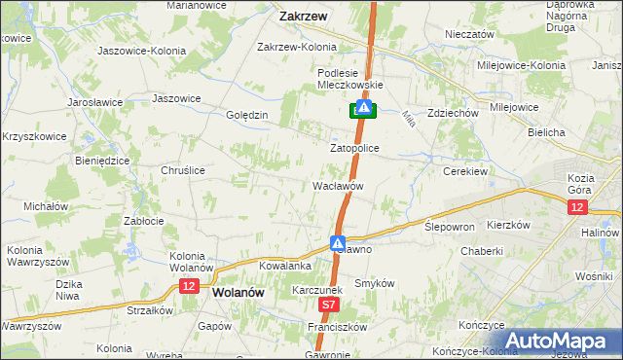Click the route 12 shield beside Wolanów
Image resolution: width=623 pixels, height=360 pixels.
click(189, 285)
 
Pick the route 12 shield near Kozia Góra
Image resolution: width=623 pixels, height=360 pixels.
click(578, 208)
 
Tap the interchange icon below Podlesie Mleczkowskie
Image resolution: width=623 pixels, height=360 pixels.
click(362, 110)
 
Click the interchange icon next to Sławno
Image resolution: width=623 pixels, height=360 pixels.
click(338, 243)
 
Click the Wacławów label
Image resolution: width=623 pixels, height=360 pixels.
click(338, 185)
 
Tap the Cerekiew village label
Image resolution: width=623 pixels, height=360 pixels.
click(464, 170)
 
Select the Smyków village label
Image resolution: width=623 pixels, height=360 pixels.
click(374, 282)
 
